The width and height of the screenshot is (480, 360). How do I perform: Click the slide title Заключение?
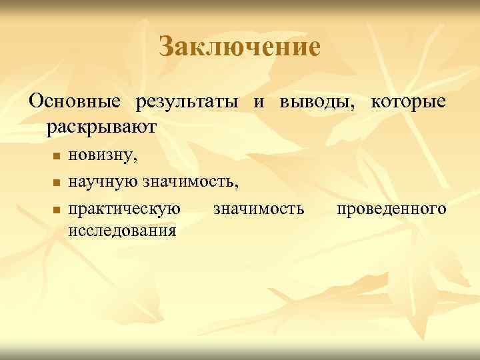click(x=240, y=47)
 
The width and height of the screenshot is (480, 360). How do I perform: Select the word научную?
click(x=101, y=180)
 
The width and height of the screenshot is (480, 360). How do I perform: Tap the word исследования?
click(x=122, y=230)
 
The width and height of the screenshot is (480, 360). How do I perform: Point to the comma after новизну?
click(x=137, y=160)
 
